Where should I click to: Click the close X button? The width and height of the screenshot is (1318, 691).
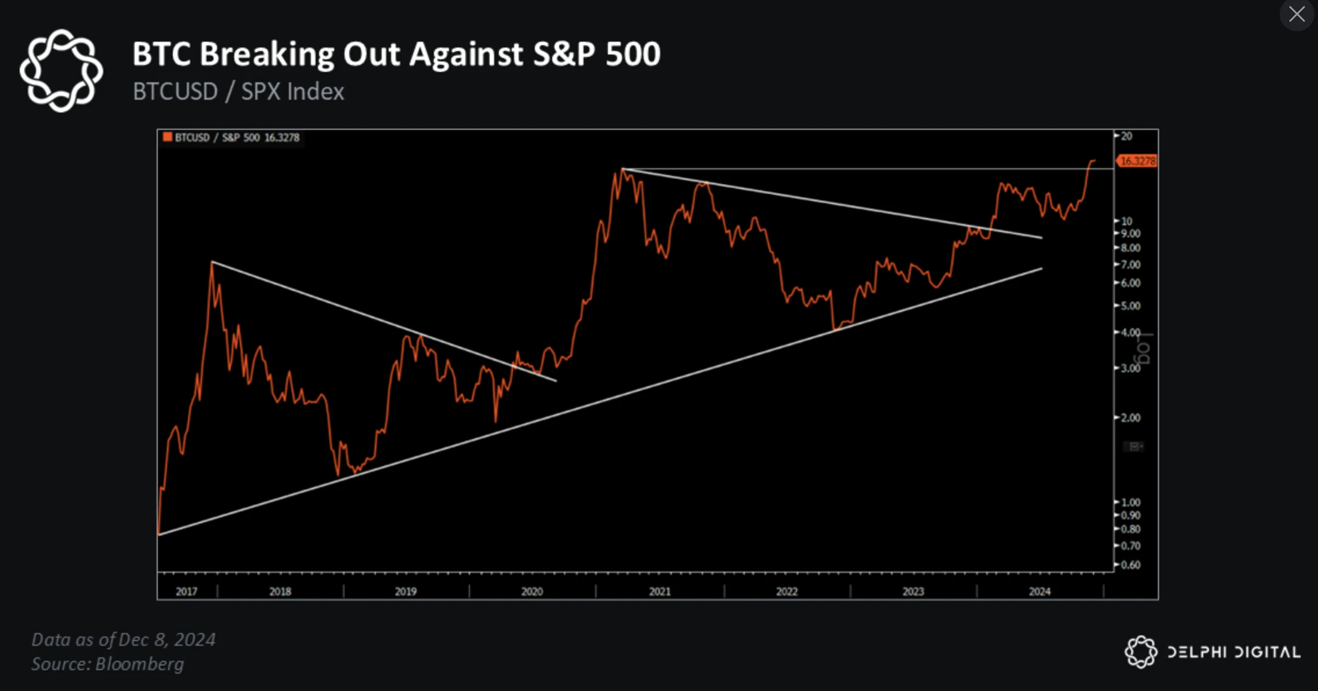click(1297, 14)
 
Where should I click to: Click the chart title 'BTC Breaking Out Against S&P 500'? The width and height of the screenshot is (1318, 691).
click(396, 54)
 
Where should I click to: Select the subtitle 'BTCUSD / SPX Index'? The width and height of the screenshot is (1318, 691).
click(238, 92)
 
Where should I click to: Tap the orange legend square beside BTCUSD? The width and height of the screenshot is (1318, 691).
click(168, 137)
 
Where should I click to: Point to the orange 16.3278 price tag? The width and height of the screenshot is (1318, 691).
click(1137, 161)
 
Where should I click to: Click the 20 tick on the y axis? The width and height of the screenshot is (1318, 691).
click(1126, 136)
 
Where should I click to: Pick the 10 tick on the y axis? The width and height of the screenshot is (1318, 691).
click(1126, 221)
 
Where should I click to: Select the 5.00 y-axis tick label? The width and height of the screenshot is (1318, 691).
click(1130, 306)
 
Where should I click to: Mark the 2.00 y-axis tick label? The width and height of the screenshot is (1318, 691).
click(1130, 417)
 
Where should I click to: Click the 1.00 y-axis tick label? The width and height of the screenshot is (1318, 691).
click(1130, 502)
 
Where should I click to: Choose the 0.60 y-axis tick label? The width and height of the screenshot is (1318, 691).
click(1130, 565)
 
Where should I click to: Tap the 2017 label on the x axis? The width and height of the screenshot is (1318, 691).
click(186, 591)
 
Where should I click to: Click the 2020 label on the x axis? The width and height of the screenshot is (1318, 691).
click(531, 591)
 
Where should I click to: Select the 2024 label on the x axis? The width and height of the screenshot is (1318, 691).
click(1040, 591)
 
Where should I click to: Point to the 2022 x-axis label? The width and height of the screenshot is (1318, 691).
click(787, 591)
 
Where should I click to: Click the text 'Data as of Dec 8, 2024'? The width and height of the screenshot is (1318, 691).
click(124, 639)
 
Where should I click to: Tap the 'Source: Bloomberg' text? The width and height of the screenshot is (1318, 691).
click(107, 664)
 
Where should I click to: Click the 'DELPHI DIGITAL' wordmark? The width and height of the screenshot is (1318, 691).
click(1233, 652)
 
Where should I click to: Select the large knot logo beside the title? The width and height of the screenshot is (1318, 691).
click(61, 70)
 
